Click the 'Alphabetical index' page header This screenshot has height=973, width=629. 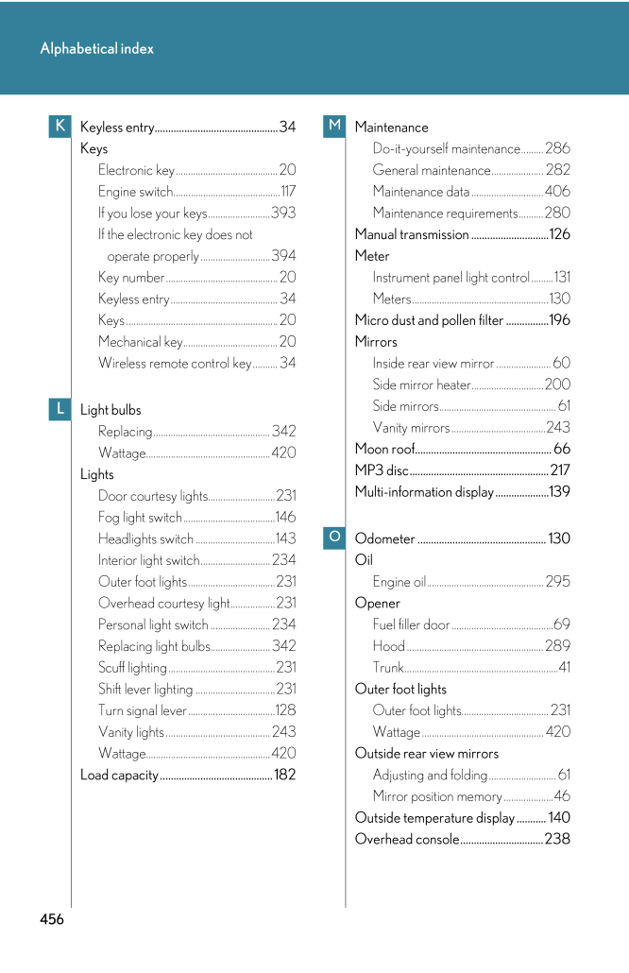pyautogui.click(x=96, y=49)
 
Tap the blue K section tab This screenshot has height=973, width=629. pyautogui.click(x=59, y=127)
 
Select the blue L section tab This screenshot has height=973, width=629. pyautogui.click(x=59, y=409)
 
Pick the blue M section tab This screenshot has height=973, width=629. pyautogui.click(x=334, y=127)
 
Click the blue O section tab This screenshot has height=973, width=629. pyautogui.click(x=334, y=538)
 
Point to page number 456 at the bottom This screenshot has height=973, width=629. pyautogui.click(x=52, y=919)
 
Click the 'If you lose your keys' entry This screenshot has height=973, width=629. pyautogui.click(x=152, y=213)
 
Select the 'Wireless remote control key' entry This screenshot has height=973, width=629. pyautogui.click(x=175, y=364)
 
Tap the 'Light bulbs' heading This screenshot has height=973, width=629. pyautogui.click(x=110, y=410)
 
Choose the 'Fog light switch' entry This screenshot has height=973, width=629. pyautogui.click(x=140, y=518)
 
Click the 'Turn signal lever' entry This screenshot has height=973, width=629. pyautogui.click(x=143, y=710)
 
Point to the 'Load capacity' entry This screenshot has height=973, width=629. pyautogui.click(x=119, y=776)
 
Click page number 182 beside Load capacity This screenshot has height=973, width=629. pyautogui.click(x=284, y=776)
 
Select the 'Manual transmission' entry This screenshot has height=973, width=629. pyautogui.click(x=412, y=234)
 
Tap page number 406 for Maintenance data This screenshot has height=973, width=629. pyautogui.click(x=557, y=192)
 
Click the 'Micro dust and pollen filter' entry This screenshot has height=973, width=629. pyautogui.click(x=429, y=320)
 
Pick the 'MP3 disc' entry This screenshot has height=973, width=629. pyautogui.click(x=382, y=470)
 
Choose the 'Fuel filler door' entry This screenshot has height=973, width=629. pyautogui.click(x=411, y=624)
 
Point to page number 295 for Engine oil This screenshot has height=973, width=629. pyautogui.click(x=557, y=582)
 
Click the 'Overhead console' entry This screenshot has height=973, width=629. pyautogui.click(x=407, y=839)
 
